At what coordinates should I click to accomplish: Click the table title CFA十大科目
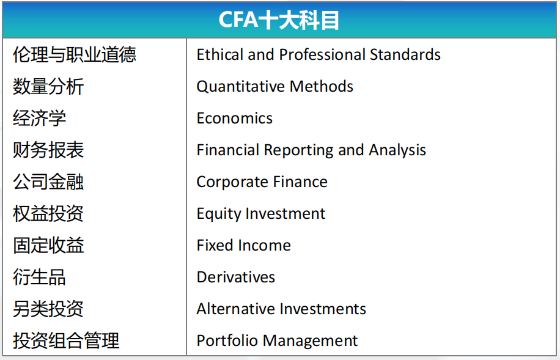279,20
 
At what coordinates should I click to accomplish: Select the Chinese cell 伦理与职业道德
75,54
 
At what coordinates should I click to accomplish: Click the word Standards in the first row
405,54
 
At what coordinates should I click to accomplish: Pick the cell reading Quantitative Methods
274,86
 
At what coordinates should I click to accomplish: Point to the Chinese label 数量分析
48,86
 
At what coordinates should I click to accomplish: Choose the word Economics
235,118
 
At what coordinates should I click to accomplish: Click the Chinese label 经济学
39,118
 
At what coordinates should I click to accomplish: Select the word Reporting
300,150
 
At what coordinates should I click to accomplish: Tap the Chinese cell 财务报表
48,150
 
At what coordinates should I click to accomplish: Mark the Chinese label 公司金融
48,182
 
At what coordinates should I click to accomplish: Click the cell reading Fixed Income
243,245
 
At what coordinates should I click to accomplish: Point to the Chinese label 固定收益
48,245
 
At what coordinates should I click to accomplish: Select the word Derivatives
236,277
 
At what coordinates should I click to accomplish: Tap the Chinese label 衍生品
39,277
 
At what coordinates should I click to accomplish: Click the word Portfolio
227,340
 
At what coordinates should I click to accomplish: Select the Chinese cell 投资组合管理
65,340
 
